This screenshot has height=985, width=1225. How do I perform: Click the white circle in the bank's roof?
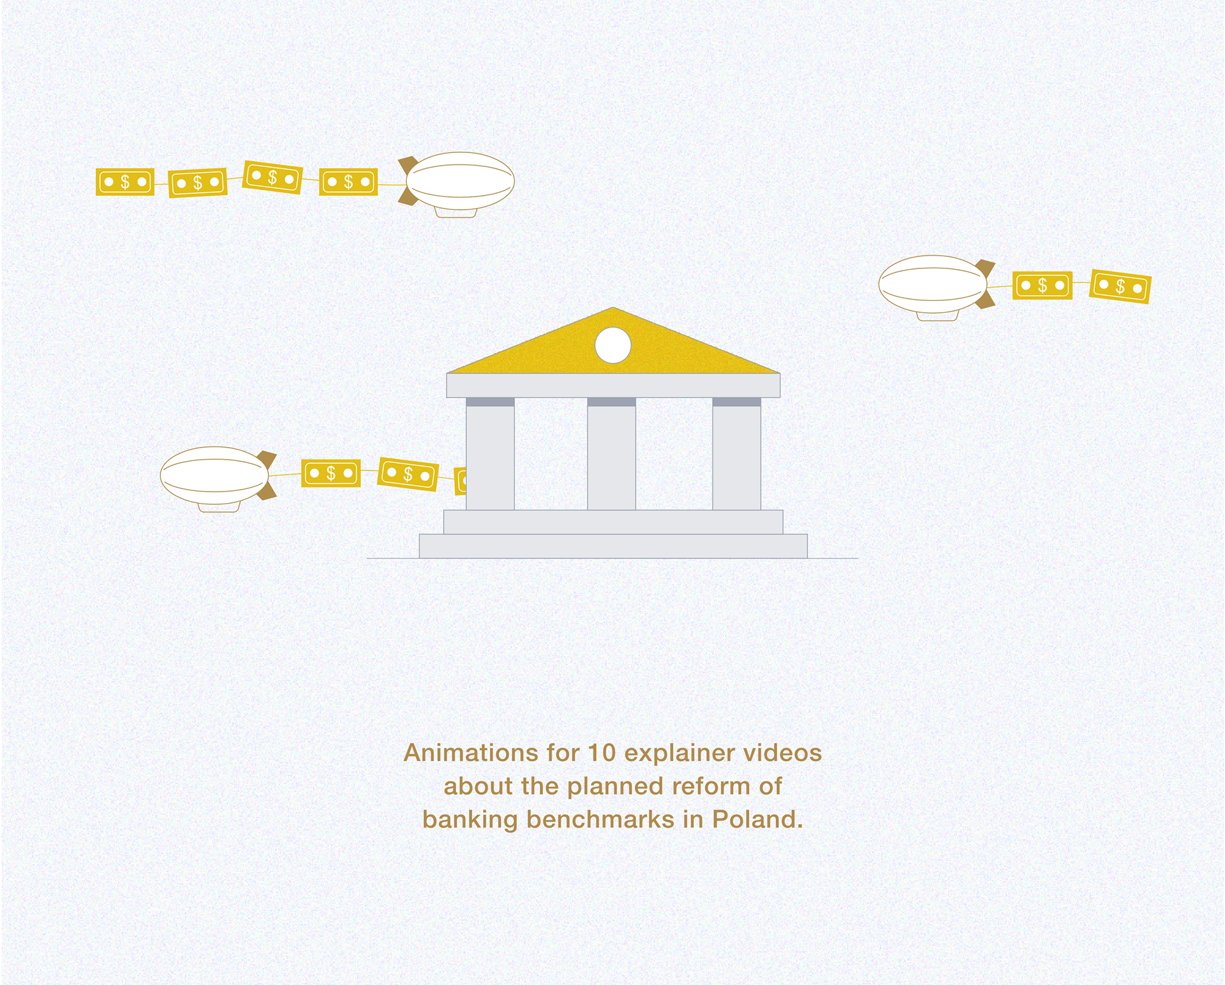point(612,345)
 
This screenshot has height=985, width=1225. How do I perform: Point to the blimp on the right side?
point(933,284)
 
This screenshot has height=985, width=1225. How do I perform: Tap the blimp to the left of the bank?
point(215,475)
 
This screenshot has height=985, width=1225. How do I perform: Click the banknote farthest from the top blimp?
point(125,182)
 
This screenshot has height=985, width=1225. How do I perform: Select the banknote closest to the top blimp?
point(348,182)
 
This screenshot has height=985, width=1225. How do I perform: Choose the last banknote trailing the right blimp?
point(1120,286)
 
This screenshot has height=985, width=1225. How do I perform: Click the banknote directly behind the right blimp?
point(1042,285)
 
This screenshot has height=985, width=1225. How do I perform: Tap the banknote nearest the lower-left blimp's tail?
point(330,473)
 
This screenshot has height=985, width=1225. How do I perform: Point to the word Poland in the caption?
point(757,819)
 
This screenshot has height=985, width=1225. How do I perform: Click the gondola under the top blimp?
point(456,212)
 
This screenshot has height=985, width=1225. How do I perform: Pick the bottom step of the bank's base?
point(612,546)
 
